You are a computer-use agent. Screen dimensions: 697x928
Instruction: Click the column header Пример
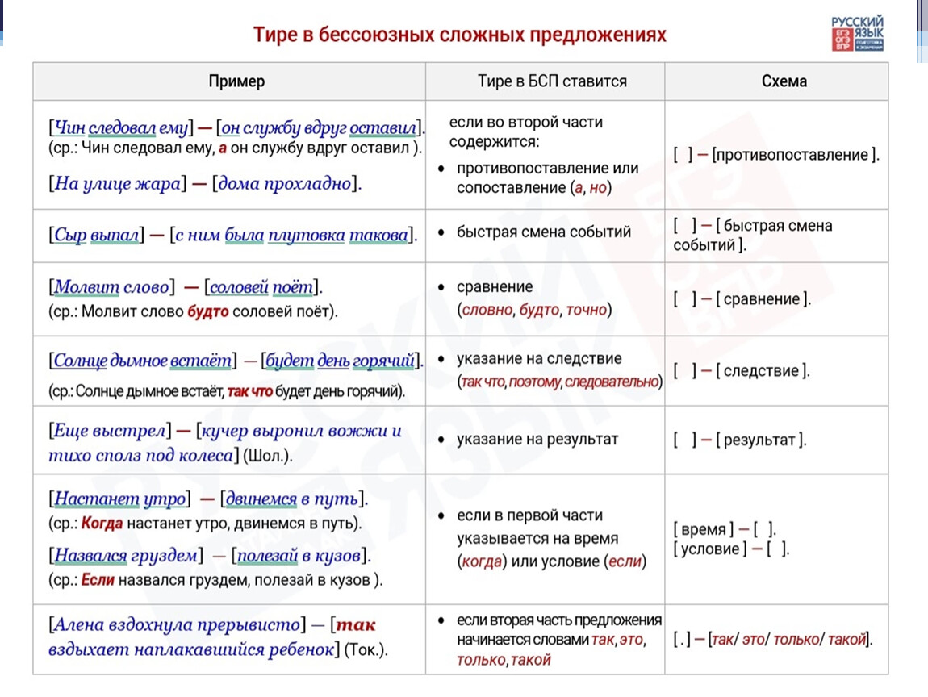click(x=236, y=81)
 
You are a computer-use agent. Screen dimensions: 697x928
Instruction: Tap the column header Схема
click(x=784, y=81)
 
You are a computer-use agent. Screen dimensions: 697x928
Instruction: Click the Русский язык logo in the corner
click(x=857, y=33)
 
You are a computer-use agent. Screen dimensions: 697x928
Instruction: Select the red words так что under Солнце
click(x=249, y=392)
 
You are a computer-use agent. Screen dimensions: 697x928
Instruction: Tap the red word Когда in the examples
click(x=102, y=522)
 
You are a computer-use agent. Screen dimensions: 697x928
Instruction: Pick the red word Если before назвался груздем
click(x=98, y=578)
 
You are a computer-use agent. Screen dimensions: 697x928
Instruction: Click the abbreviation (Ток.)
click(x=366, y=649)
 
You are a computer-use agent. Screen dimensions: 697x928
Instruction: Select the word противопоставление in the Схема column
click(x=794, y=155)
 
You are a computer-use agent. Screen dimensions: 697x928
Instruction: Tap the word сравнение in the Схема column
click(x=762, y=299)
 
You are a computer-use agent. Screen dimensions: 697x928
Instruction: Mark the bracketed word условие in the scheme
click(x=709, y=549)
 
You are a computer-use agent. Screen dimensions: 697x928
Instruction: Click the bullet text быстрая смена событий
click(x=544, y=232)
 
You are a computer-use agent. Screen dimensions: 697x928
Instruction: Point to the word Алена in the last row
click(x=77, y=624)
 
